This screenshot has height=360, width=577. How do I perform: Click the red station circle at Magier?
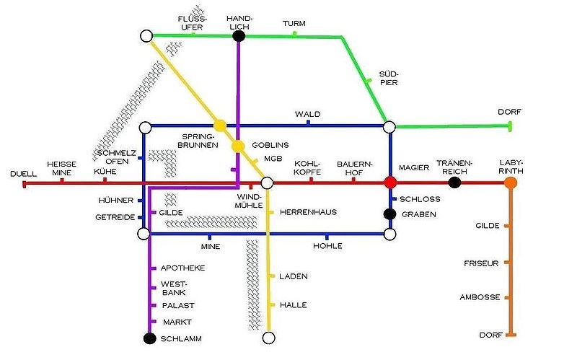coord(390,183)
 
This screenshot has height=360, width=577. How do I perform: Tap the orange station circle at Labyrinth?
coord(511,183)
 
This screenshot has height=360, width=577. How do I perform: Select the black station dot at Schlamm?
coord(150,338)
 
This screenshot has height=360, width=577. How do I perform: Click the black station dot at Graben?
coord(389,214)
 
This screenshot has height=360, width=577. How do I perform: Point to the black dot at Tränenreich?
coord(454,183)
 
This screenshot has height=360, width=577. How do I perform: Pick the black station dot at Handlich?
coord(239,35)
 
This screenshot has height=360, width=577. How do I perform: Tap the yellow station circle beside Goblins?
coord(238,146)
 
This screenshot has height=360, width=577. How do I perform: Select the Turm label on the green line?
coord(294,24)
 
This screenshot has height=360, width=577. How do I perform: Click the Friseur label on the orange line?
coord(481,263)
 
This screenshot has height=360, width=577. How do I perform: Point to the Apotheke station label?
coord(182,268)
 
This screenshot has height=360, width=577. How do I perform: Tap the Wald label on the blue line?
coord(307,115)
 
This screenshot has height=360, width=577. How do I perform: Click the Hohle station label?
coord(327,247)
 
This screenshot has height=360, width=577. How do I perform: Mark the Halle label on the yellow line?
coord(293,305)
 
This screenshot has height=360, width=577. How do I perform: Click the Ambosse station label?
coord(480,297)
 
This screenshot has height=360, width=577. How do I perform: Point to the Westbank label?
coord(173,289)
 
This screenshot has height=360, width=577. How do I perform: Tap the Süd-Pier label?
coord(388,78)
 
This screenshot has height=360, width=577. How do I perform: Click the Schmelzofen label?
coord(116,157)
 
